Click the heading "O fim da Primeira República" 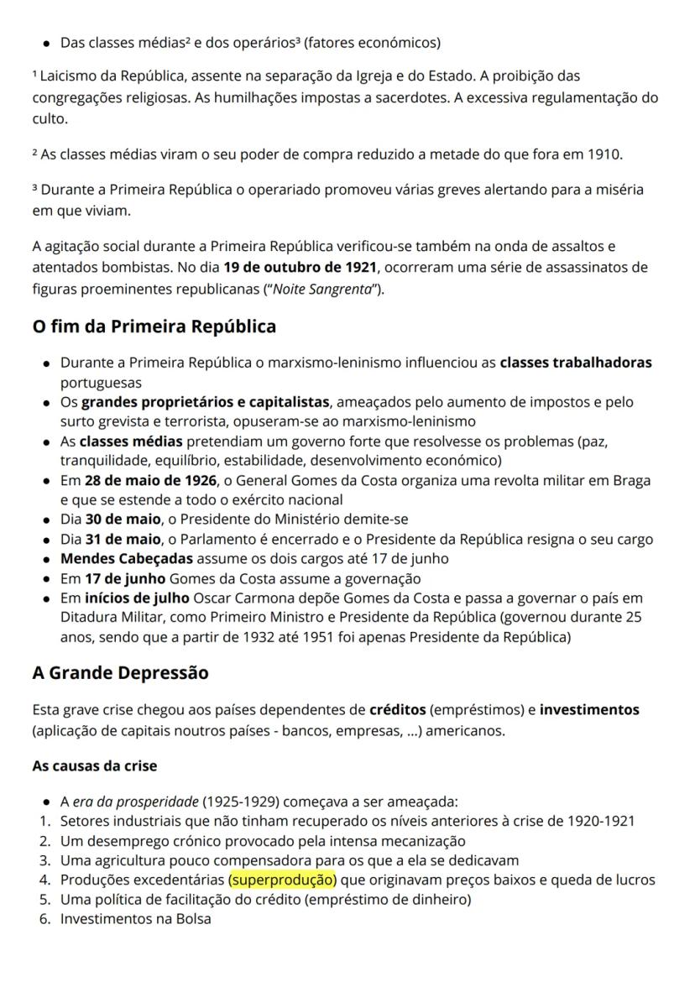(154, 326)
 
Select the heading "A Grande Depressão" (120, 672)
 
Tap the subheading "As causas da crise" (94, 766)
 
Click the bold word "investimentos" (589, 710)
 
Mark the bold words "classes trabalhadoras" (576, 363)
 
